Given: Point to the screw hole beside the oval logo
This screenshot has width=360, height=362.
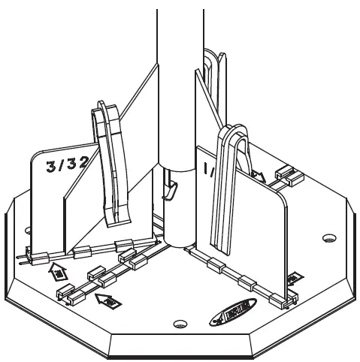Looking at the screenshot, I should click(179, 324).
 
